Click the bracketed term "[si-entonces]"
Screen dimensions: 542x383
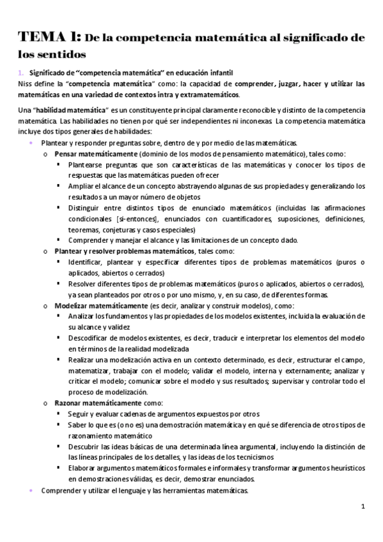[x=147, y=219]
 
